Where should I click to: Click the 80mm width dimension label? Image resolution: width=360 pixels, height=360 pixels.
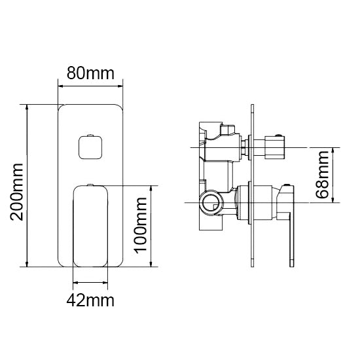tap(91, 74)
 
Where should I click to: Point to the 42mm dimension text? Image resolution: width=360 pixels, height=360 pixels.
tap(91, 300)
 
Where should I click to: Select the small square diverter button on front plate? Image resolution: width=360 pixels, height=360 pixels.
tap(89, 145)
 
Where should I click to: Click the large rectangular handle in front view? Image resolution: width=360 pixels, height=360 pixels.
tap(90, 226)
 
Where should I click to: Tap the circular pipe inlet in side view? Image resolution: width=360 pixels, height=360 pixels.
tap(211, 204)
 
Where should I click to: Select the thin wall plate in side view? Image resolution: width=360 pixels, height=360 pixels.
tap(251, 187)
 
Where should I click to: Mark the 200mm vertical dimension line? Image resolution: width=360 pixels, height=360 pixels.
tap(27, 185)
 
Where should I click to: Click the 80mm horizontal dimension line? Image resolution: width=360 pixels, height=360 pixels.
tap(91, 86)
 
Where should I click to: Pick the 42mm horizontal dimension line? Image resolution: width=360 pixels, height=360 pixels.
tap(90, 283)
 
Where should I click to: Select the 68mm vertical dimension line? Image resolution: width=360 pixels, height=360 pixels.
tap(334, 175)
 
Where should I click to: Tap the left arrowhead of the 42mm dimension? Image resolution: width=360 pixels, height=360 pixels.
tap(75, 283)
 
